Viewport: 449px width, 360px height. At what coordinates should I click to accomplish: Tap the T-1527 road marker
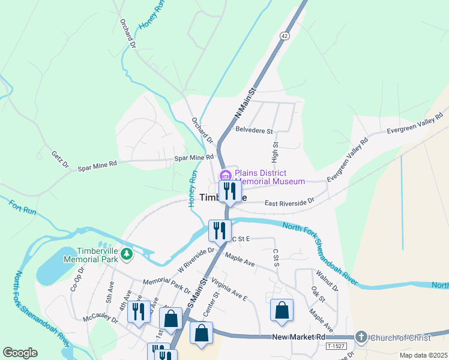point(336,347)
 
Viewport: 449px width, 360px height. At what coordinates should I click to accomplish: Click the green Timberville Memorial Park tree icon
point(126,254)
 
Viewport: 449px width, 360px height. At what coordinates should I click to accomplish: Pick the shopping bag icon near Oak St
point(282,311)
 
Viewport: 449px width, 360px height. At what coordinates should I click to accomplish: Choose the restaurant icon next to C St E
point(219,230)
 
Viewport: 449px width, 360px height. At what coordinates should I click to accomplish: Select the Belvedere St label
point(254,130)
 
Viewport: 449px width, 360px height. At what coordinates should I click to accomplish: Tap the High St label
point(276,153)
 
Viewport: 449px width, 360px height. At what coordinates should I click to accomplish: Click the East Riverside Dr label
point(289,202)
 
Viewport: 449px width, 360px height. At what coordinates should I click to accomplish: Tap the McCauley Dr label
point(100,315)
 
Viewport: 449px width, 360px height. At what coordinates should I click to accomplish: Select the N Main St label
point(244,103)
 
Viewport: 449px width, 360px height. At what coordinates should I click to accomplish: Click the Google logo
point(20,353)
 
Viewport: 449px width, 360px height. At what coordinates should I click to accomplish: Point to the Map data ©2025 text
point(414,355)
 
